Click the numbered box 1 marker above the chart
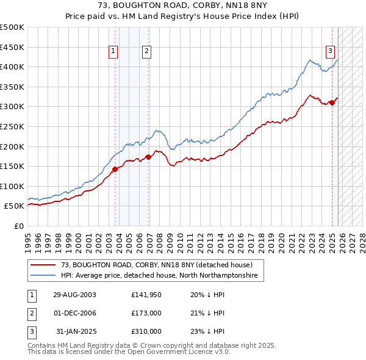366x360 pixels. click(x=113, y=52)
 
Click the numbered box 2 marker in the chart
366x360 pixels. click(x=148, y=52)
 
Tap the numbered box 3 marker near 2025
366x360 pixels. click(x=330, y=51)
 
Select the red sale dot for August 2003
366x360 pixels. click(x=115, y=170)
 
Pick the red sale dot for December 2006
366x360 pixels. click(x=148, y=157)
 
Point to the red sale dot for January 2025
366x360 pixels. click(x=332, y=103)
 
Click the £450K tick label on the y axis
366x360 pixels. click(x=12, y=47)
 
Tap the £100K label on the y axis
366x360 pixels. click(x=12, y=186)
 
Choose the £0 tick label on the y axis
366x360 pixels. click(x=18, y=226)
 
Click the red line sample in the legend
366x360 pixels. click(x=44, y=265)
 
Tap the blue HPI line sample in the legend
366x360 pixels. click(x=44, y=276)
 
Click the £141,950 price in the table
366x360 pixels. click(x=146, y=295)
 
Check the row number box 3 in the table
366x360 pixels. click(x=32, y=331)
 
